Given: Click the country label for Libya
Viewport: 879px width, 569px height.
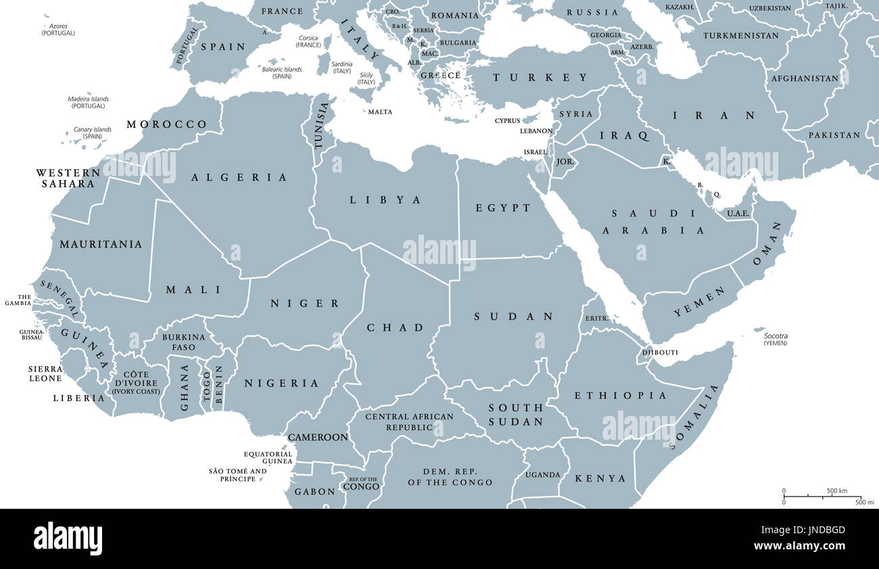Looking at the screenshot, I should [385, 200].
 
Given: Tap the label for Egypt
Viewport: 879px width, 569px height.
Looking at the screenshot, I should [503, 208].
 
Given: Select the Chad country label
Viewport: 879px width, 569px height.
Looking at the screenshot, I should [395, 327].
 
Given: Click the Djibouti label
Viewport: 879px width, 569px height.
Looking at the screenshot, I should [659, 352].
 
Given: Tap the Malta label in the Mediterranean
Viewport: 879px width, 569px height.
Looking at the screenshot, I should [380, 112].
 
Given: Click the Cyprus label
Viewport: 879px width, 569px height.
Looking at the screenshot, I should [507, 121].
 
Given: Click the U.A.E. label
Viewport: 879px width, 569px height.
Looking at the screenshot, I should [738, 213].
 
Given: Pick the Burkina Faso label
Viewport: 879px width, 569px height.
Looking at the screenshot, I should [183, 342].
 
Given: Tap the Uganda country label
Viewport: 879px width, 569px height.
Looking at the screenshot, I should [543, 475].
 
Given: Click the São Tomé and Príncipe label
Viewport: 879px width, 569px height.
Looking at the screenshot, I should [237, 475].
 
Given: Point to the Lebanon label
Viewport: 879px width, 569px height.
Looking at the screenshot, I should [536, 131].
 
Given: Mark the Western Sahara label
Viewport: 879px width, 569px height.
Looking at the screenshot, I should [68, 178].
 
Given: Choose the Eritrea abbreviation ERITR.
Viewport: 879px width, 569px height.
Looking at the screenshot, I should [596, 318].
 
